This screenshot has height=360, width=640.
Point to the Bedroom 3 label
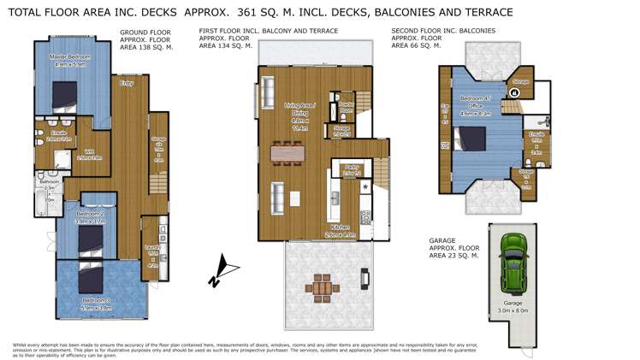[96, 301]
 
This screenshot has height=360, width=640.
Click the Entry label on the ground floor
[127, 83]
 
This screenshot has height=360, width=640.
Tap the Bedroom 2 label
[90, 214]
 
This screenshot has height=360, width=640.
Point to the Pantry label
[349, 168]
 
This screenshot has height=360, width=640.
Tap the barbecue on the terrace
[365, 278]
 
